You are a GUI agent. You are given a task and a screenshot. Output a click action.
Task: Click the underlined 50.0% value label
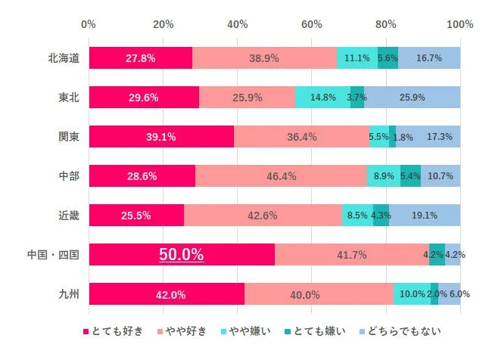pyautogui.click(x=181, y=255)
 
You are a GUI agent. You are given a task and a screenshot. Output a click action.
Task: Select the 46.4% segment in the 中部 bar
pyautogui.click(x=281, y=176)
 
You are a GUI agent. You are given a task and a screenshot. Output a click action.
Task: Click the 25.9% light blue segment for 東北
pyautogui.click(x=412, y=97)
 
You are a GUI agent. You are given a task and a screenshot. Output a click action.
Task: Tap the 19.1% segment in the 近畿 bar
pyautogui.click(x=425, y=216)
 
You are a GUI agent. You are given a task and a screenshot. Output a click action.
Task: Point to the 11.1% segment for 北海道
pyautogui.click(x=357, y=57)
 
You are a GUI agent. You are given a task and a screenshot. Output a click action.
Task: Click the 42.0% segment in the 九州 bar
pyautogui.click(x=167, y=294)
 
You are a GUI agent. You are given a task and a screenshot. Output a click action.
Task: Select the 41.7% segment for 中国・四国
pyautogui.click(x=352, y=255)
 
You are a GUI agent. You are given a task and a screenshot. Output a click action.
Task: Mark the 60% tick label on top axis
pyautogui.click(x=312, y=24)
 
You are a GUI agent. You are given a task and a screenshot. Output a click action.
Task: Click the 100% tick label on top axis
pyautogui.click(x=459, y=24)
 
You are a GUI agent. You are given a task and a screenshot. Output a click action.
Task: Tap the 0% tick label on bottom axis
pyautogui.click(x=89, y=320)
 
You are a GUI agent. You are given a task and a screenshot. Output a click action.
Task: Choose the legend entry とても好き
pyautogui.click(x=115, y=331)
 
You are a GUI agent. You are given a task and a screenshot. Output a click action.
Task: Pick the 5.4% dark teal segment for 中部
pyautogui.click(x=410, y=176)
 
